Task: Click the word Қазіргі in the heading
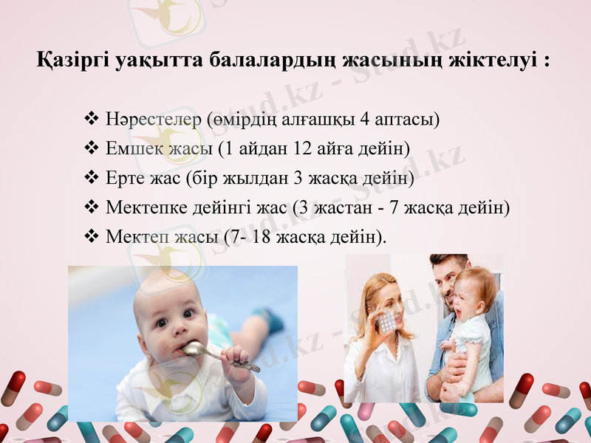point(73,60)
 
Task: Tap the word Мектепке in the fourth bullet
point(148,207)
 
